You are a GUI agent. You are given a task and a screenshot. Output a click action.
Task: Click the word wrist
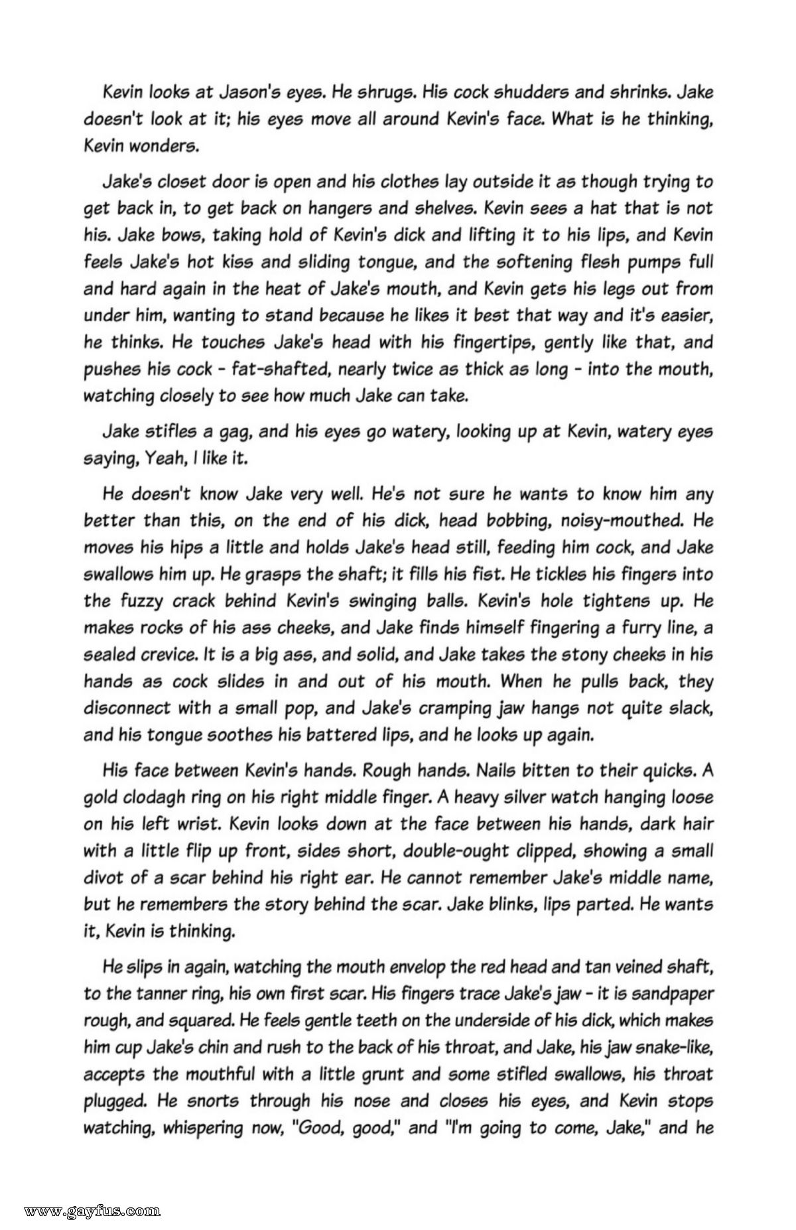point(200,824)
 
